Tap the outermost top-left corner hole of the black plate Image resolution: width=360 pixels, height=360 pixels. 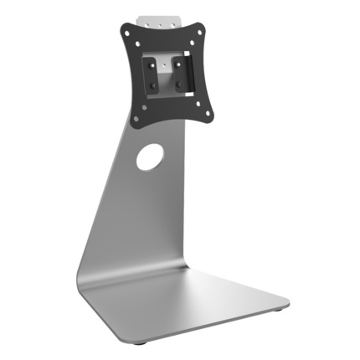coord(126,28)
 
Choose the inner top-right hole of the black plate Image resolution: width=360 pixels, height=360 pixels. coord(193,34)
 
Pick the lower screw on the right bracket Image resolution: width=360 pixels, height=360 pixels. coord(181,83)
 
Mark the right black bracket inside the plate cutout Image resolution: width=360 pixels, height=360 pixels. coord(181,74)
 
